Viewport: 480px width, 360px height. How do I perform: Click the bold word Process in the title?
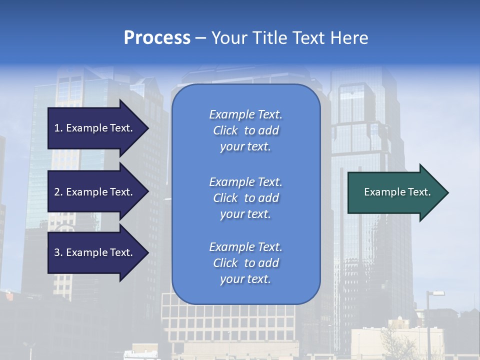pos(157,38)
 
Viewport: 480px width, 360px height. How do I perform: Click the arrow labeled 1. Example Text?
pos(95,128)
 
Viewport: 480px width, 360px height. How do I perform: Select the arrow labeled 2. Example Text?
pos(95,192)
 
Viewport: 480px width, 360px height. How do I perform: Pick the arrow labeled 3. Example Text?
pos(95,252)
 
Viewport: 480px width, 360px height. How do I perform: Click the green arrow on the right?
pos(395,192)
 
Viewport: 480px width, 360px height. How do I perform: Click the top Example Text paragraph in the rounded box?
pos(245,130)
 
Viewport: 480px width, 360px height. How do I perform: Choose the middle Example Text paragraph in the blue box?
pos(245,198)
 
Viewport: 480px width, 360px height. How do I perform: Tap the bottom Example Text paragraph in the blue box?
pos(245,263)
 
